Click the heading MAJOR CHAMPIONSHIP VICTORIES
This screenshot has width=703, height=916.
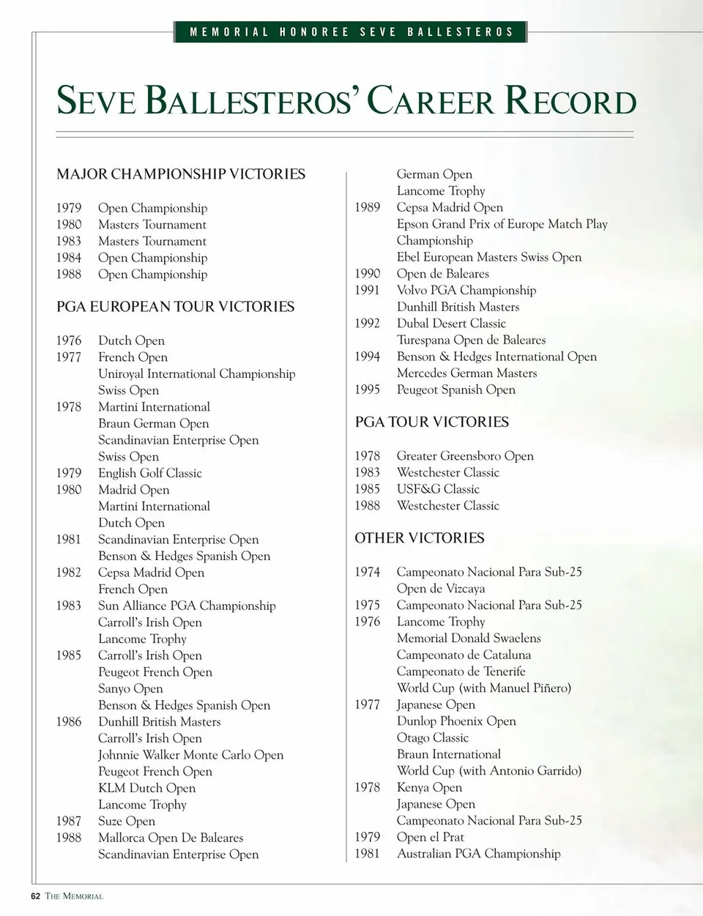click(181, 174)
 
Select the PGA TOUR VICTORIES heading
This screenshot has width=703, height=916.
click(431, 422)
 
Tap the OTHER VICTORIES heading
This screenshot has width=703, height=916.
click(420, 538)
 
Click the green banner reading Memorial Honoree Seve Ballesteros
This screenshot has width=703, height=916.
click(351, 32)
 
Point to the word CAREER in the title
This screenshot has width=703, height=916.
click(431, 101)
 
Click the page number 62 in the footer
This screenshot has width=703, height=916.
click(35, 896)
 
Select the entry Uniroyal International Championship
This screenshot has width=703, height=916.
click(196, 374)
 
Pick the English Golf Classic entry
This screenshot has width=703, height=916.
click(149, 474)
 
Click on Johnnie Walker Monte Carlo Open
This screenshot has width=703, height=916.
click(190, 755)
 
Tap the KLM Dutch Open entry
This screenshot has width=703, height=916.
click(146, 789)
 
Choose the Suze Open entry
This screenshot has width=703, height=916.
click(126, 822)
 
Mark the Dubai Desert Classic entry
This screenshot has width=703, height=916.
click(451, 324)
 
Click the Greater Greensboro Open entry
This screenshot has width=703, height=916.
click(465, 456)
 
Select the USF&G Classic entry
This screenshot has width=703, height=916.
click(438, 489)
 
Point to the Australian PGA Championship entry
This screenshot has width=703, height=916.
click(478, 854)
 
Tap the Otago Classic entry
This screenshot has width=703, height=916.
click(432, 738)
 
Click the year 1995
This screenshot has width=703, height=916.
click(367, 390)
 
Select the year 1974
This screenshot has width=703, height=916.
click(367, 572)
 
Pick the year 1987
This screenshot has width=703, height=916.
click(69, 822)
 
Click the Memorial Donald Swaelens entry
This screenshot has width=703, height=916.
click(469, 638)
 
